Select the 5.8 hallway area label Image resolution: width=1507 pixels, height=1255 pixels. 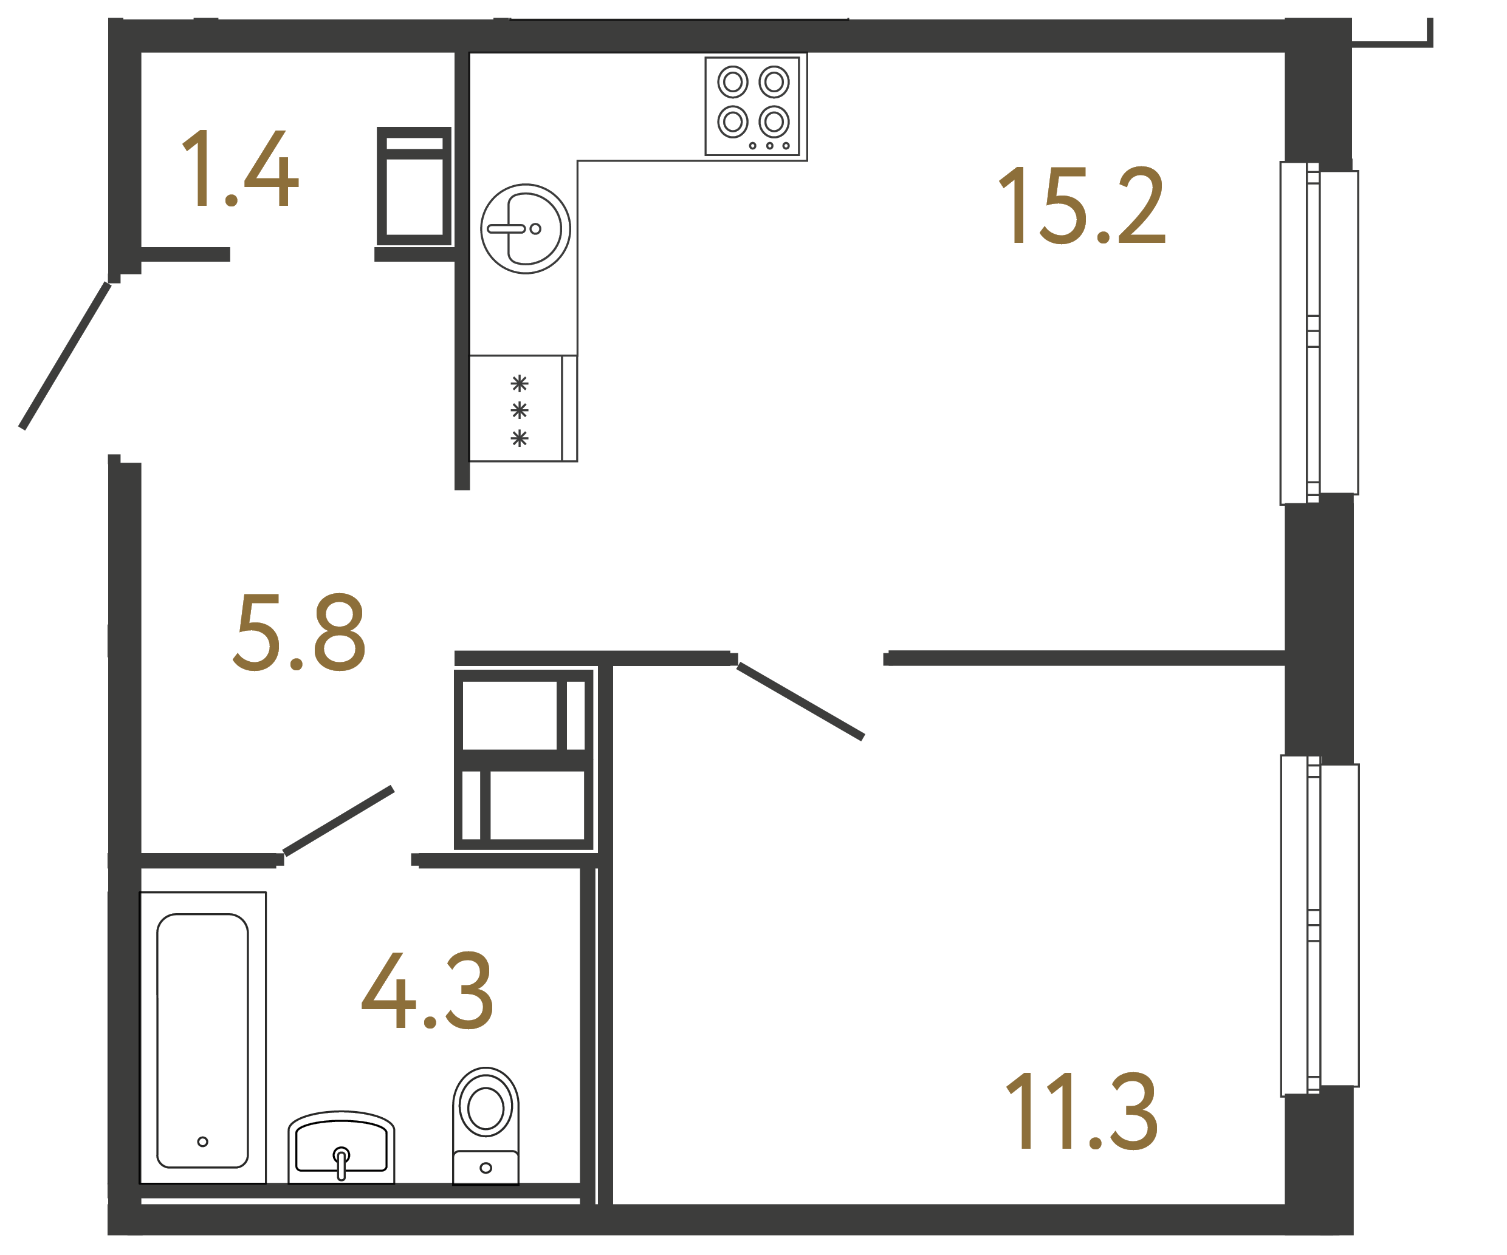coord(299,633)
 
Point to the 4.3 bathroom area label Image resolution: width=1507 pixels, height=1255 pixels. coord(427,990)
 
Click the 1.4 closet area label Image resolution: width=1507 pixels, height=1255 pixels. coord(239,169)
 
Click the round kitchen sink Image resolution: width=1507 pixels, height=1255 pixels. coord(525,229)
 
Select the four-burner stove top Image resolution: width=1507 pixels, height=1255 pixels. coord(752,106)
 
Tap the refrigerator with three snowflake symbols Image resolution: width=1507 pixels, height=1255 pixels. coord(522,409)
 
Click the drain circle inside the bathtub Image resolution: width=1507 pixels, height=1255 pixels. coord(202,1141)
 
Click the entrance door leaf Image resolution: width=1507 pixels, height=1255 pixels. coord(64,356)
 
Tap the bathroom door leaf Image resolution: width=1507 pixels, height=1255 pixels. coord(338,821)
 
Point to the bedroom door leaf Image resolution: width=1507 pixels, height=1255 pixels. coord(800,701)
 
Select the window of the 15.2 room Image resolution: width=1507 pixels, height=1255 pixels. coord(1319,333)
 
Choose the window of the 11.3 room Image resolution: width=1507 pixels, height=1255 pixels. coord(1319,926)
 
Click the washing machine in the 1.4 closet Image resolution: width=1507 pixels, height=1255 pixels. coord(414,186)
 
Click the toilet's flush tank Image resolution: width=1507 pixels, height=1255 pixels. coord(486,1168)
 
